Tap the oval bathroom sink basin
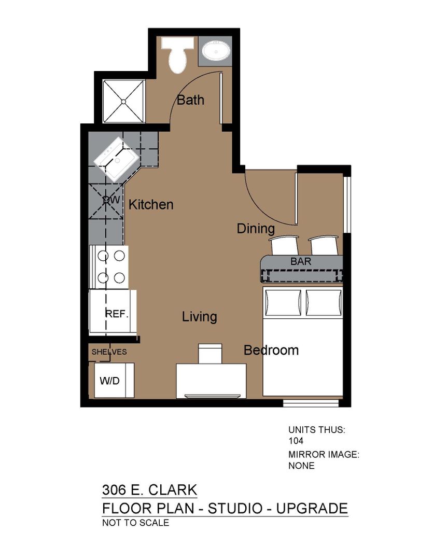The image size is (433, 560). point(216,51)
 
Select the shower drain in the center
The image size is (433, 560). point(123,102)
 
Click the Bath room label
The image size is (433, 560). point(190,100)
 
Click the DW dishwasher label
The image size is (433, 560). point(111,200)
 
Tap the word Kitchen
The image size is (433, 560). point(151,205)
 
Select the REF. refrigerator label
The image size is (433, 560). point(117,314)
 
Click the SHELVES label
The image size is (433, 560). point(109,352)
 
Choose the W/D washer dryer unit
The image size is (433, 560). point(114,381)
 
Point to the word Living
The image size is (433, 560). point(199,317)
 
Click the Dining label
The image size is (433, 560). point(256,229)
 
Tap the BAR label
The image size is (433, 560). point(301,261)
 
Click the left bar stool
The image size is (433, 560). point(284,245)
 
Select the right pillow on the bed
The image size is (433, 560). point(324,302)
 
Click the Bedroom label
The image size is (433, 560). point(271,351)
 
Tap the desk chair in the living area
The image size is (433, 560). point(210,354)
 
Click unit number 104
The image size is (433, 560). point(296,441)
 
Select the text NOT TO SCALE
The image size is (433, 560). point(135,523)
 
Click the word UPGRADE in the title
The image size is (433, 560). point(312,508)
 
